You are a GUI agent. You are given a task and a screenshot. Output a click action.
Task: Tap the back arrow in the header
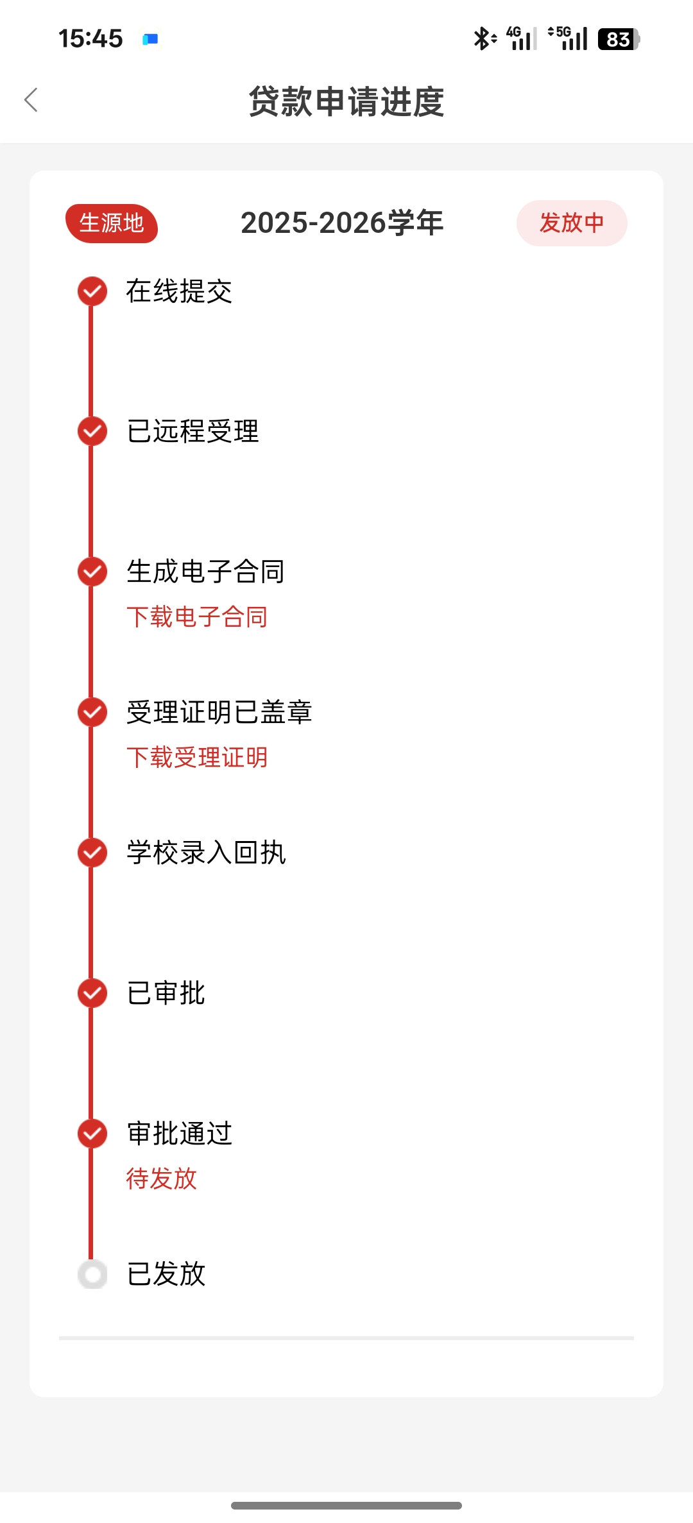click(31, 100)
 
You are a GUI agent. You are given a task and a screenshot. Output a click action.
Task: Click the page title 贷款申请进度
click(346, 101)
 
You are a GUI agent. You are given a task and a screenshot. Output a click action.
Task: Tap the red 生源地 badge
click(112, 223)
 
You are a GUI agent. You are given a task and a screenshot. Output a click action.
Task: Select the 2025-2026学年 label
click(342, 223)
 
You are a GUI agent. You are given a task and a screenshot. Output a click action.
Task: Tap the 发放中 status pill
click(571, 223)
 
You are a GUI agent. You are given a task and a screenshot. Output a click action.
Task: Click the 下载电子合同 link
click(197, 617)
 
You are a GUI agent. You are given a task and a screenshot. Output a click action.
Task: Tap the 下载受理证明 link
click(197, 758)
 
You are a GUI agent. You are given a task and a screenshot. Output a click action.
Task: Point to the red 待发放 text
click(162, 1178)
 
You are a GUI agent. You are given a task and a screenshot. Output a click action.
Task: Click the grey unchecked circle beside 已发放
click(92, 1274)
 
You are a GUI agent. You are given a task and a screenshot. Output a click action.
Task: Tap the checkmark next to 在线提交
click(92, 291)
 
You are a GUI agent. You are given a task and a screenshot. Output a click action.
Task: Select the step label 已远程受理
click(193, 431)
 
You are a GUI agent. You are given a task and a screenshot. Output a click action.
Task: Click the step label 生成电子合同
click(205, 572)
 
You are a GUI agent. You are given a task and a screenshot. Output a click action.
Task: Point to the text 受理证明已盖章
click(219, 712)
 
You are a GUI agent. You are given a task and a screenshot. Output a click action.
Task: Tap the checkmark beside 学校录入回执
click(92, 853)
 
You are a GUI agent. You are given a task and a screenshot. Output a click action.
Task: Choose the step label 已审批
click(166, 993)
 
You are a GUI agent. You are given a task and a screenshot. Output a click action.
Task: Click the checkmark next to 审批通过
click(92, 1134)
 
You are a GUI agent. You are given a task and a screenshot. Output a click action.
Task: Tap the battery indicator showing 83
click(618, 39)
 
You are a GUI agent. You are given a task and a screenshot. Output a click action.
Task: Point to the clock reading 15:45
click(90, 38)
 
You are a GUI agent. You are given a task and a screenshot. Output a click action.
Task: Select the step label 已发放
click(166, 1274)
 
